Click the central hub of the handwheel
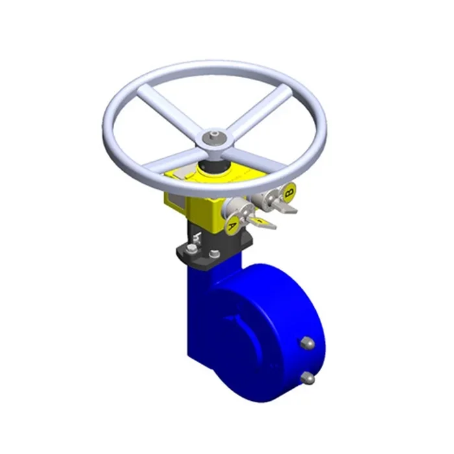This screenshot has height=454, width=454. click(211, 139)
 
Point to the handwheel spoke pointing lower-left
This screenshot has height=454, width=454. click(170, 160)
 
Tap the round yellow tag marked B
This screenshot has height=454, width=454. click(289, 191)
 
